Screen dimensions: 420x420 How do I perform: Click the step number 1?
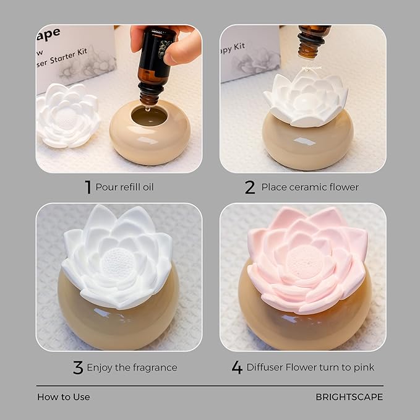[88, 187]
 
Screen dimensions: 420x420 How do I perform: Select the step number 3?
[78, 367]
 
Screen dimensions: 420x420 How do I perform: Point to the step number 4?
[237, 367]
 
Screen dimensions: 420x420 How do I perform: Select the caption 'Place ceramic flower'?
[310, 187]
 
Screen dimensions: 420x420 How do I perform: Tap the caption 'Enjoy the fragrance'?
[132, 367]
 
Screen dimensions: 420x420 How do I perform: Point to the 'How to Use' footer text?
[63, 396]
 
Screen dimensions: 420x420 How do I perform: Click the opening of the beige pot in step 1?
[149, 115]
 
